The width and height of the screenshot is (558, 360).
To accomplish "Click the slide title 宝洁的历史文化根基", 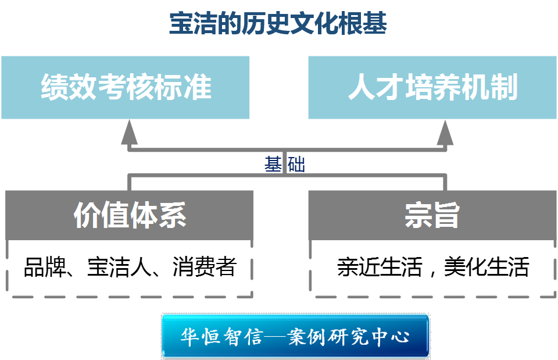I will pyautogui.click(x=278, y=25).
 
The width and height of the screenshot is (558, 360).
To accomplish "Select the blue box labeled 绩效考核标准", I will pyautogui.click(x=126, y=88).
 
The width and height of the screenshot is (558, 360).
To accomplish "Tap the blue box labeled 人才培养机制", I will pyautogui.click(x=432, y=88).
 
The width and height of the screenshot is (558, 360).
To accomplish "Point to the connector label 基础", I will pyautogui.click(x=285, y=165).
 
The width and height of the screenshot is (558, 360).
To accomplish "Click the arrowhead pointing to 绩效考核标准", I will pyautogui.click(x=129, y=133).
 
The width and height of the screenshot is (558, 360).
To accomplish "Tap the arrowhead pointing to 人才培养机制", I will pyautogui.click(x=445, y=133).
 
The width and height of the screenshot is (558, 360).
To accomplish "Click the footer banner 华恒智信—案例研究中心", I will pyautogui.click(x=295, y=337).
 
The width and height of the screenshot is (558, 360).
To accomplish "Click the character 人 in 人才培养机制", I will pyautogui.click(x=362, y=88).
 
